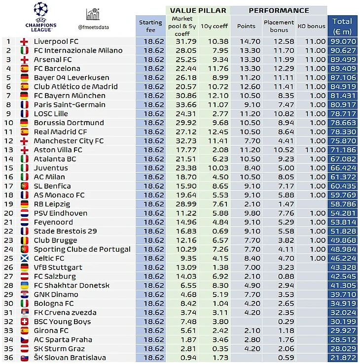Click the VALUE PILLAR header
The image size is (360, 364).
[198, 10]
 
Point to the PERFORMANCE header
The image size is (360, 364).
[279, 10]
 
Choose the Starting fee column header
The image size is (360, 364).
[150, 26]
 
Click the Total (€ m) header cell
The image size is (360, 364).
[342, 26]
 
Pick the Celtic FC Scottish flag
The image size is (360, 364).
[24, 259]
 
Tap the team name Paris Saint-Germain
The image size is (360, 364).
[69, 105]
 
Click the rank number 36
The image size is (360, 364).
[9, 358]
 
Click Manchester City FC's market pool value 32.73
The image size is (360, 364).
[182, 141]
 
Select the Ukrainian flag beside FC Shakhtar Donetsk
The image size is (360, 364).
[24, 286]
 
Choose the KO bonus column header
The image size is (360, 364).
[312, 26]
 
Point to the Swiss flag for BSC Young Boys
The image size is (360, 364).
[24, 322]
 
